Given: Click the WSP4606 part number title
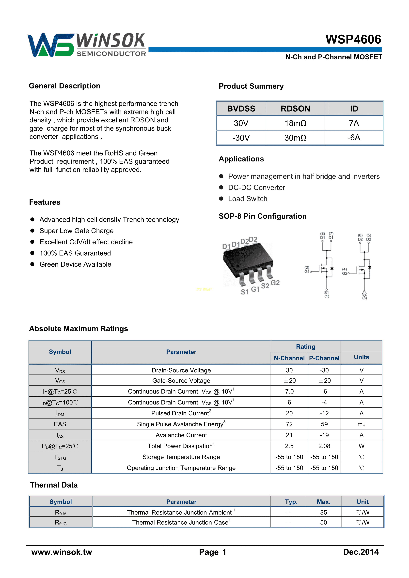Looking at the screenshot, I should click(353, 40).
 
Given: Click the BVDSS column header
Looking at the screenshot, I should click(241, 109).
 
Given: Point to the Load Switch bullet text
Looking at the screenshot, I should click(248, 199).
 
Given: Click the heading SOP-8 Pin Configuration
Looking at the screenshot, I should click(263, 216).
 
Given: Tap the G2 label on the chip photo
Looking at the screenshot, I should click(275, 283).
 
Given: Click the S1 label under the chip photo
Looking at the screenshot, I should click(244, 292).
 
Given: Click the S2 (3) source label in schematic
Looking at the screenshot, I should click(364, 296).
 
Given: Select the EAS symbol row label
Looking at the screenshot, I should click(60, 424).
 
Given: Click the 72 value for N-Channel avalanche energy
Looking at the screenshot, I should click(289, 424).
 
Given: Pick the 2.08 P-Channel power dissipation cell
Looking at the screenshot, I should click(324, 446).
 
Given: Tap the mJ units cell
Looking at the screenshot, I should click(361, 424).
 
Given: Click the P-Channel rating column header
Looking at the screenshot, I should click(324, 358).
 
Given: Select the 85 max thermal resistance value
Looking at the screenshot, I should click(323, 512).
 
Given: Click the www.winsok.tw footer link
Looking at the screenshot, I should click(62, 552).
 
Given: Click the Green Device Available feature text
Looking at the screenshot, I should click(75, 264).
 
